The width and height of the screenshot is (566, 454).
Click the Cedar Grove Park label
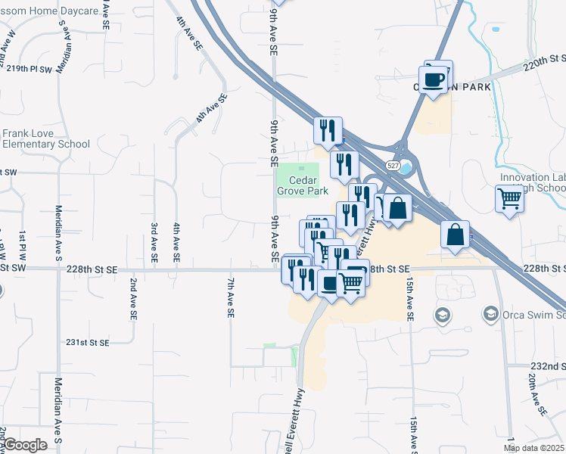(x=303, y=186)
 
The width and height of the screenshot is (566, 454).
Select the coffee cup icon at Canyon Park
(x=434, y=79)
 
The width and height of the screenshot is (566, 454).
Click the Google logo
(x=26, y=445)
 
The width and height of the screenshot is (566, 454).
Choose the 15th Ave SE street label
(x=410, y=300)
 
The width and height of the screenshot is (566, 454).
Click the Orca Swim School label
(x=533, y=314)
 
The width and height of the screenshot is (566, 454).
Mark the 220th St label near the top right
(x=545, y=59)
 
